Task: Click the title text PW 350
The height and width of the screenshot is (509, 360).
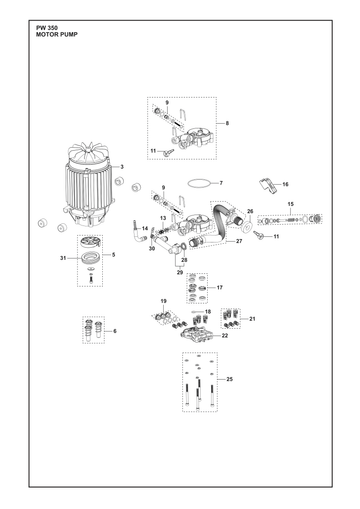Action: [x=47, y=28]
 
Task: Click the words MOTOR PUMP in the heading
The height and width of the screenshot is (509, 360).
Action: [x=57, y=34]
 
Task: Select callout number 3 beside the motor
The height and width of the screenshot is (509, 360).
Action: [x=122, y=167]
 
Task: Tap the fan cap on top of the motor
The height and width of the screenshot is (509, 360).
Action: [x=89, y=154]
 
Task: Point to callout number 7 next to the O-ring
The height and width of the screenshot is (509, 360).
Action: [x=221, y=183]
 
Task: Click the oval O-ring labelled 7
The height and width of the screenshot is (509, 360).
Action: [x=200, y=183]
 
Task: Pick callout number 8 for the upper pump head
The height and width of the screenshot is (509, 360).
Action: [x=227, y=123]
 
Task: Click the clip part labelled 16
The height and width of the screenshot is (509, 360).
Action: [x=268, y=186]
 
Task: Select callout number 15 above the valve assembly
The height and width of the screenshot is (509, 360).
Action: [x=291, y=204]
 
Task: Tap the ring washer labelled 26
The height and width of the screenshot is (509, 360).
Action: [x=247, y=227]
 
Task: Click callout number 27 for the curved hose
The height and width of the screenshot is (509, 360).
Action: [x=239, y=241]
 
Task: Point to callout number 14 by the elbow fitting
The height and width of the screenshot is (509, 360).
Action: [x=145, y=229]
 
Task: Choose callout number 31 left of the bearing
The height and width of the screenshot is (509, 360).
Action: [x=63, y=258]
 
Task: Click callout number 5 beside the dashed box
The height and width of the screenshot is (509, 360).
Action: [x=114, y=255]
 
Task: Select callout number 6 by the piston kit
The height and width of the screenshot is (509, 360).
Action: [x=115, y=331]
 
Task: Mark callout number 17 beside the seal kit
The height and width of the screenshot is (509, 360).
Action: [x=220, y=287]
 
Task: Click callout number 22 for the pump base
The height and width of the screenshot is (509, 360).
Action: [x=225, y=336]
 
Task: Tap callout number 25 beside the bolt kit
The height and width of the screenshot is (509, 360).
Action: [x=230, y=379]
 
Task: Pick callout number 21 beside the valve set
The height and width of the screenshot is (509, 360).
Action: [x=252, y=319]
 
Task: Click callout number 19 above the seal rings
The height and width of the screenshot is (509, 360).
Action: [x=163, y=301]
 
